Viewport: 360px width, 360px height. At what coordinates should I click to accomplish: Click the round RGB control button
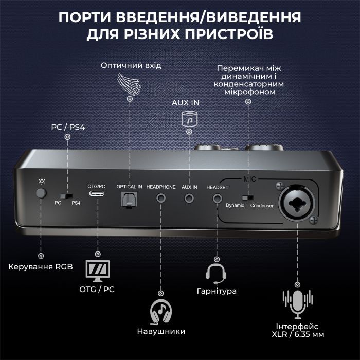pos(41,194)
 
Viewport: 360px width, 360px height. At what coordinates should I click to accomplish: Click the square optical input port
pos(126,197)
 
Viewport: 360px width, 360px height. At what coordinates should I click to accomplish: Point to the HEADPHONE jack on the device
pos(161,196)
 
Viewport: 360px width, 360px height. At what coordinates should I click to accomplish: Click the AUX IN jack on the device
pos(190,196)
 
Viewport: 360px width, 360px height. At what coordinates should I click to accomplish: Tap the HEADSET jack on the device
pos(217,196)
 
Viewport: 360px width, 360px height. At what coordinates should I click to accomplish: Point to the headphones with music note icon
pos(160,311)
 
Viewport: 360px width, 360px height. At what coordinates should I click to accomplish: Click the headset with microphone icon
pos(216,274)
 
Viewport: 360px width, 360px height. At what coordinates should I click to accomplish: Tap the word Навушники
pos(161,331)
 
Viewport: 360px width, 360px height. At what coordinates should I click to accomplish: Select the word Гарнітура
pos(216,291)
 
